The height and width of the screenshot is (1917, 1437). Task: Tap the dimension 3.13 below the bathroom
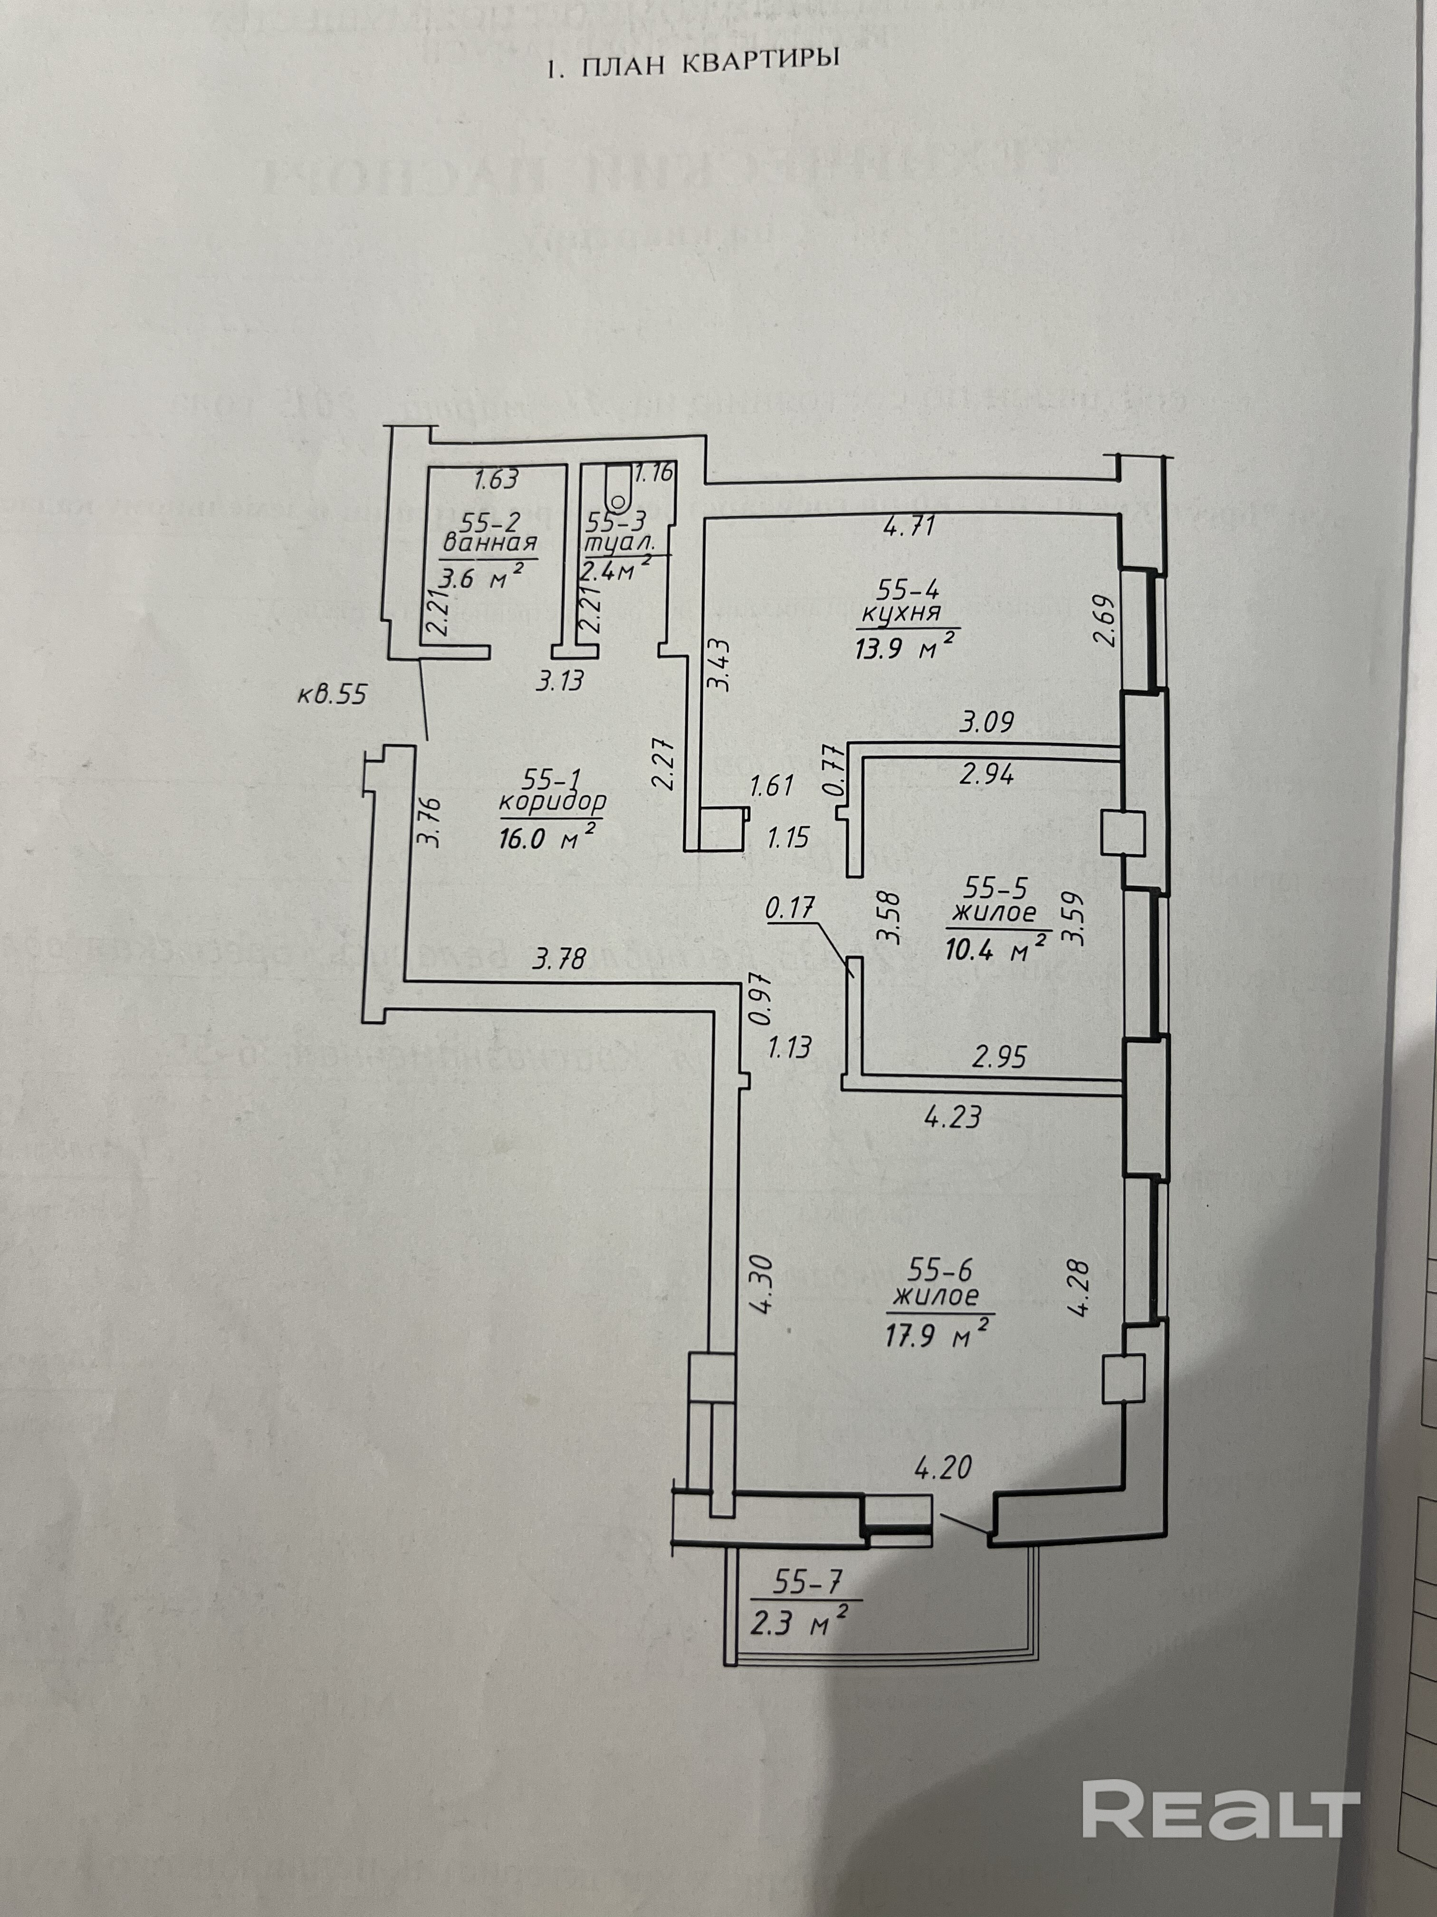(560, 681)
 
